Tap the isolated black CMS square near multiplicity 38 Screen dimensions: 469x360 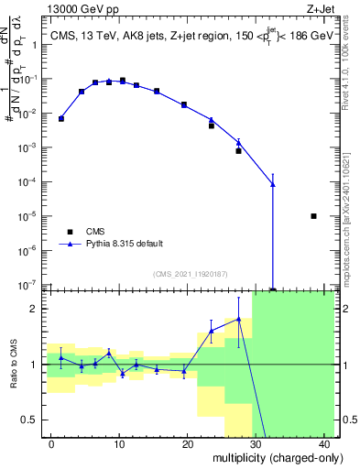(314, 216)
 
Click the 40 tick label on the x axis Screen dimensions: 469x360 (324, 444)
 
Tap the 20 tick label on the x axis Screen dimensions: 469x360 (188, 444)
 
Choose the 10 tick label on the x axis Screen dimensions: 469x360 (120, 444)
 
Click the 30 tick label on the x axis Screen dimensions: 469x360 (256, 444)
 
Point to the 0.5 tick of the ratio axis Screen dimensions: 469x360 (35, 420)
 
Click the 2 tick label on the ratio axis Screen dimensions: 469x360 (38, 309)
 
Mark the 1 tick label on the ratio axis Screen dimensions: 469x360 (38, 365)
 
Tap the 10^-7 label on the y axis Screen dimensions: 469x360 (31, 286)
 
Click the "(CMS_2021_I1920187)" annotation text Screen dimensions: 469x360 (191, 273)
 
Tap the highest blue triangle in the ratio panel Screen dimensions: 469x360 (238, 320)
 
